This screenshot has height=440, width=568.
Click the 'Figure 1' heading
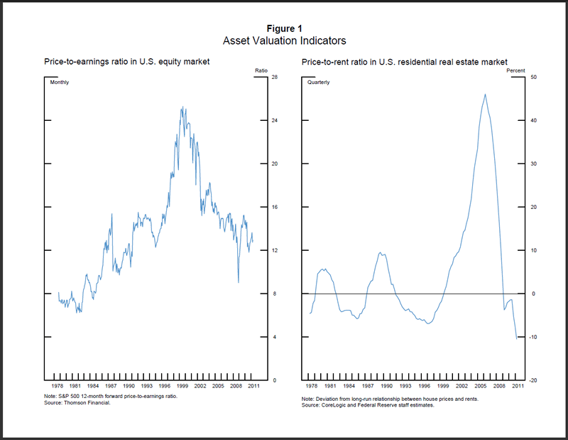(284, 28)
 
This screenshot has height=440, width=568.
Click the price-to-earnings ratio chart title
(126, 64)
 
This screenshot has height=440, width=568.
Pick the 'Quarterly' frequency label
(318, 83)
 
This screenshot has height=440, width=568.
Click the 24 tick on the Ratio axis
(274, 120)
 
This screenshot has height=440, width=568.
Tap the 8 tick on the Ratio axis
(273, 294)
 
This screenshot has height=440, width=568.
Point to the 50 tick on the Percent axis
(533, 77)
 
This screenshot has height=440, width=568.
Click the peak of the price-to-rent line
(485, 94)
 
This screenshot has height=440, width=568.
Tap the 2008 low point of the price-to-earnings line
(238, 282)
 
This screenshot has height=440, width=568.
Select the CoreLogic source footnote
(377, 405)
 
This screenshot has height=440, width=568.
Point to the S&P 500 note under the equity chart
(110, 396)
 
